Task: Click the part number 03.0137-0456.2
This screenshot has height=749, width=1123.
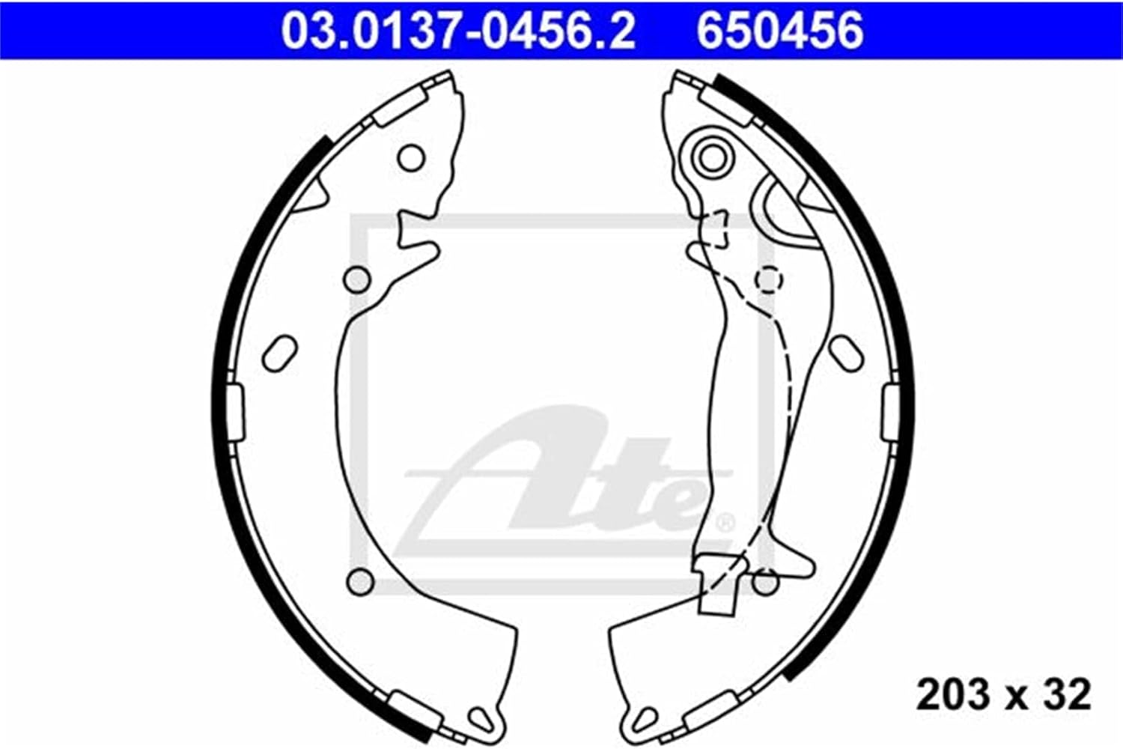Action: coord(457,31)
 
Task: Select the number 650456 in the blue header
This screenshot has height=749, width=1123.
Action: coord(780,31)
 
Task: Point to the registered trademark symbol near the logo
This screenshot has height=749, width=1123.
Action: coord(725,524)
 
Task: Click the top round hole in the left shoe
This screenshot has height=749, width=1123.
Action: coord(411,157)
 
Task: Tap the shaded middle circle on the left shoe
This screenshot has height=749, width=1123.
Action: coord(357,279)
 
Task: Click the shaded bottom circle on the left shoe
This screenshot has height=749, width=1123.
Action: coord(360,582)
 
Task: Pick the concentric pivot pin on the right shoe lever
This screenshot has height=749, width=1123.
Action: coord(713,159)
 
